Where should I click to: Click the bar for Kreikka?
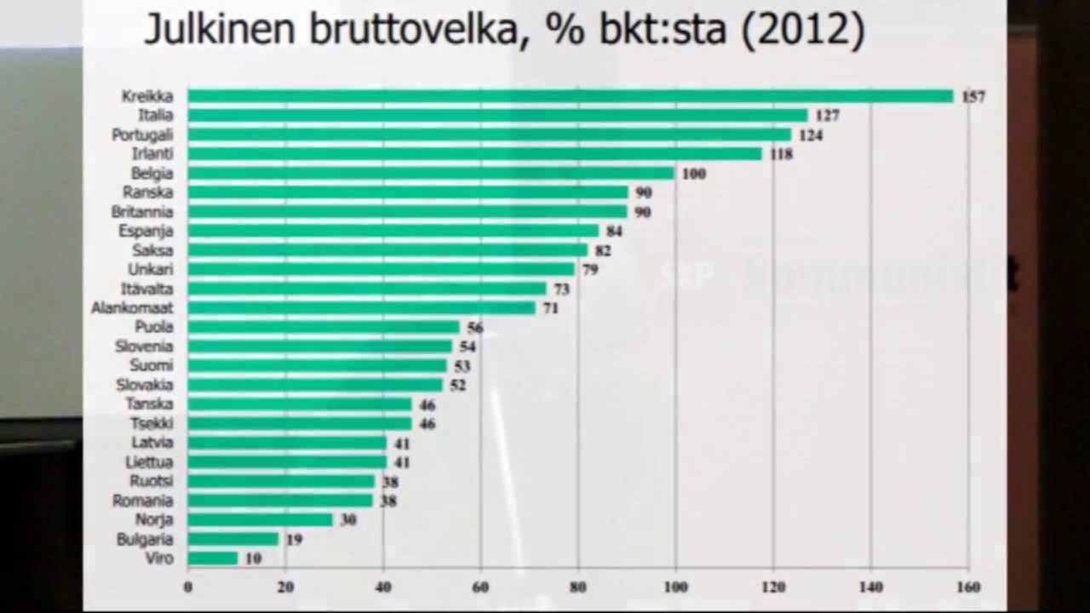pyautogui.click(x=570, y=96)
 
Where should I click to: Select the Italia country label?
pyautogui.click(x=155, y=115)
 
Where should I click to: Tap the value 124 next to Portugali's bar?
pyautogui.click(x=811, y=135)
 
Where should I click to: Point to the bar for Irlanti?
pyautogui.click(x=474, y=154)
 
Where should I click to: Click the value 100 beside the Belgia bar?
pyautogui.click(x=693, y=174)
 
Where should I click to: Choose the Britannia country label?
pyautogui.click(x=142, y=212)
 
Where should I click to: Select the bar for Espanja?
pyautogui.click(x=393, y=231)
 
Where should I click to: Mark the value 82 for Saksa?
pyautogui.click(x=602, y=251)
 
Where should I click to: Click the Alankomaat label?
pyautogui.click(x=132, y=308)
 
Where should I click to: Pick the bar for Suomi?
pyautogui.click(x=317, y=366)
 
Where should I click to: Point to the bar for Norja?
pyautogui.click(x=260, y=519)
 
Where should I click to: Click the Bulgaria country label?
pyautogui.click(x=144, y=539)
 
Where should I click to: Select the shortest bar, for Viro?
pyautogui.click(x=213, y=559)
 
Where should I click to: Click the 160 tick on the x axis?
pyautogui.click(x=968, y=587)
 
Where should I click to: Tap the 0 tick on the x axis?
pyautogui.click(x=188, y=587)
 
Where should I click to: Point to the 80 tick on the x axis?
pyautogui.click(x=578, y=587)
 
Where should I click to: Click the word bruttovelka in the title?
pyautogui.click(x=413, y=29)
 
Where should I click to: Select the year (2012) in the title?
pyautogui.click(x=803, y=29)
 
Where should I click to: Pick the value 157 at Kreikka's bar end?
pyautogui.click(x=973, y=97)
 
